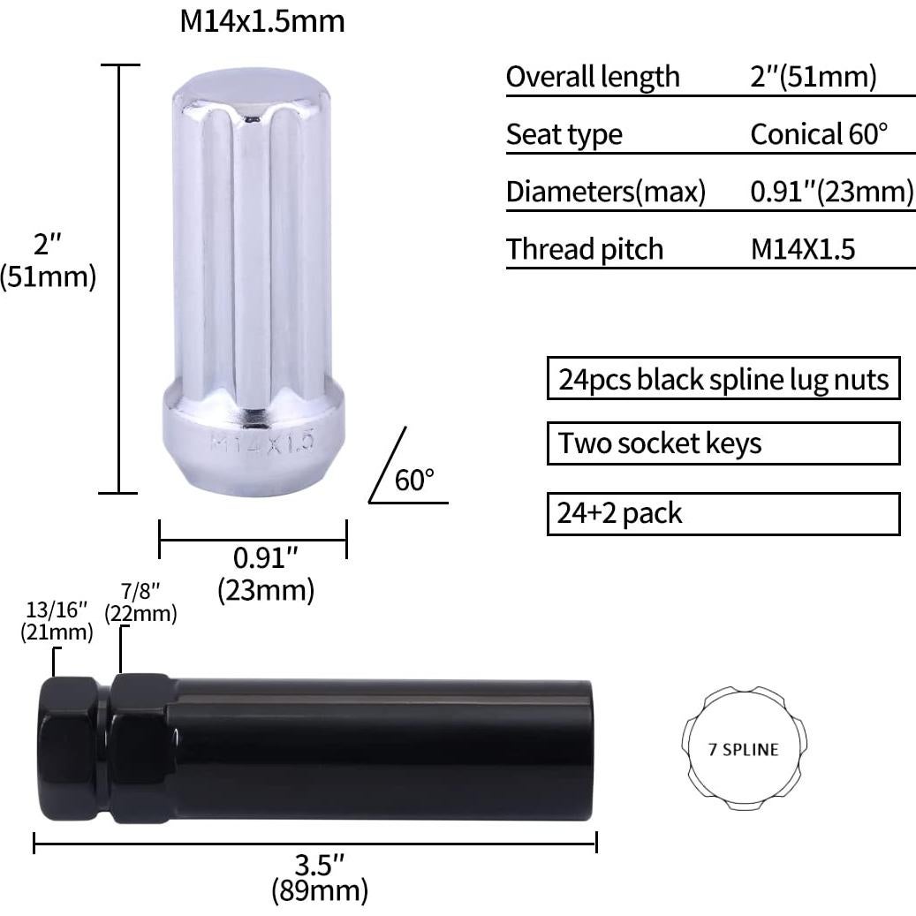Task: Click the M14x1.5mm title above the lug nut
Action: click(262, 21)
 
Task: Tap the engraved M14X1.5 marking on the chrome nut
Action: click(262, 443)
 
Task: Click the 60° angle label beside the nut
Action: click(414, 481)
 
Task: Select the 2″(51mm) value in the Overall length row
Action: click(814, 77)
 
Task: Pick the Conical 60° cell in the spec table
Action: click(819, 133)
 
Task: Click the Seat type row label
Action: click(564, 135)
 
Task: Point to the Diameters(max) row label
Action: click(606, 192)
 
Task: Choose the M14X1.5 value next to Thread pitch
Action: click(803, 249)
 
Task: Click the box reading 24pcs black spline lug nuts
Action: click(723, 379)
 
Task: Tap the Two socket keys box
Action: click(723, 443)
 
